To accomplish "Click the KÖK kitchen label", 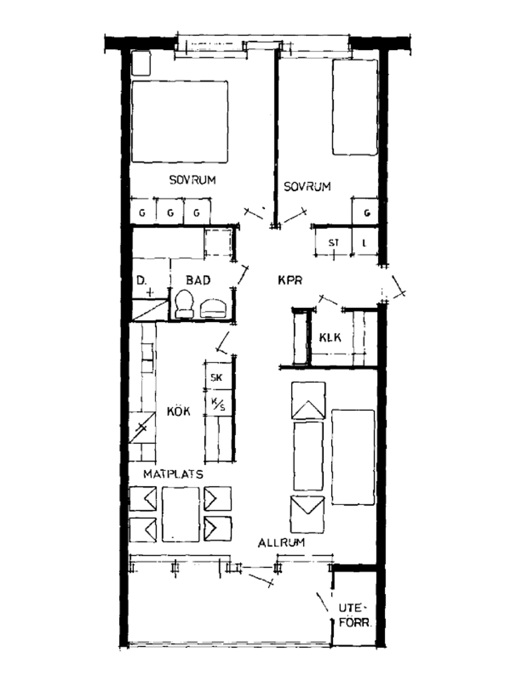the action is coord(178,411).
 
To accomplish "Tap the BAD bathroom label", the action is coord(198,280).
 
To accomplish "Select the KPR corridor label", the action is coord(290,281).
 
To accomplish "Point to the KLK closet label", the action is coord(330,337).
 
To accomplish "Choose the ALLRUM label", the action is coord(282,551).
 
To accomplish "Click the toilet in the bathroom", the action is coord(184,304).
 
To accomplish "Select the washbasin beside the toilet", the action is coord(213,308).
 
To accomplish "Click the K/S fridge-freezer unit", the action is coord(218,403).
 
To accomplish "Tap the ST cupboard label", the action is coord(334,243).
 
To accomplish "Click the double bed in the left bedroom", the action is coord(180,121).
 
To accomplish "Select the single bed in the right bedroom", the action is coord(355,107).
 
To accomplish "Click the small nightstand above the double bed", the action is coord(141,63).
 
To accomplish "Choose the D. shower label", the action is coord(142,281).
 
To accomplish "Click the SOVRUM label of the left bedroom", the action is coord(192,180).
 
